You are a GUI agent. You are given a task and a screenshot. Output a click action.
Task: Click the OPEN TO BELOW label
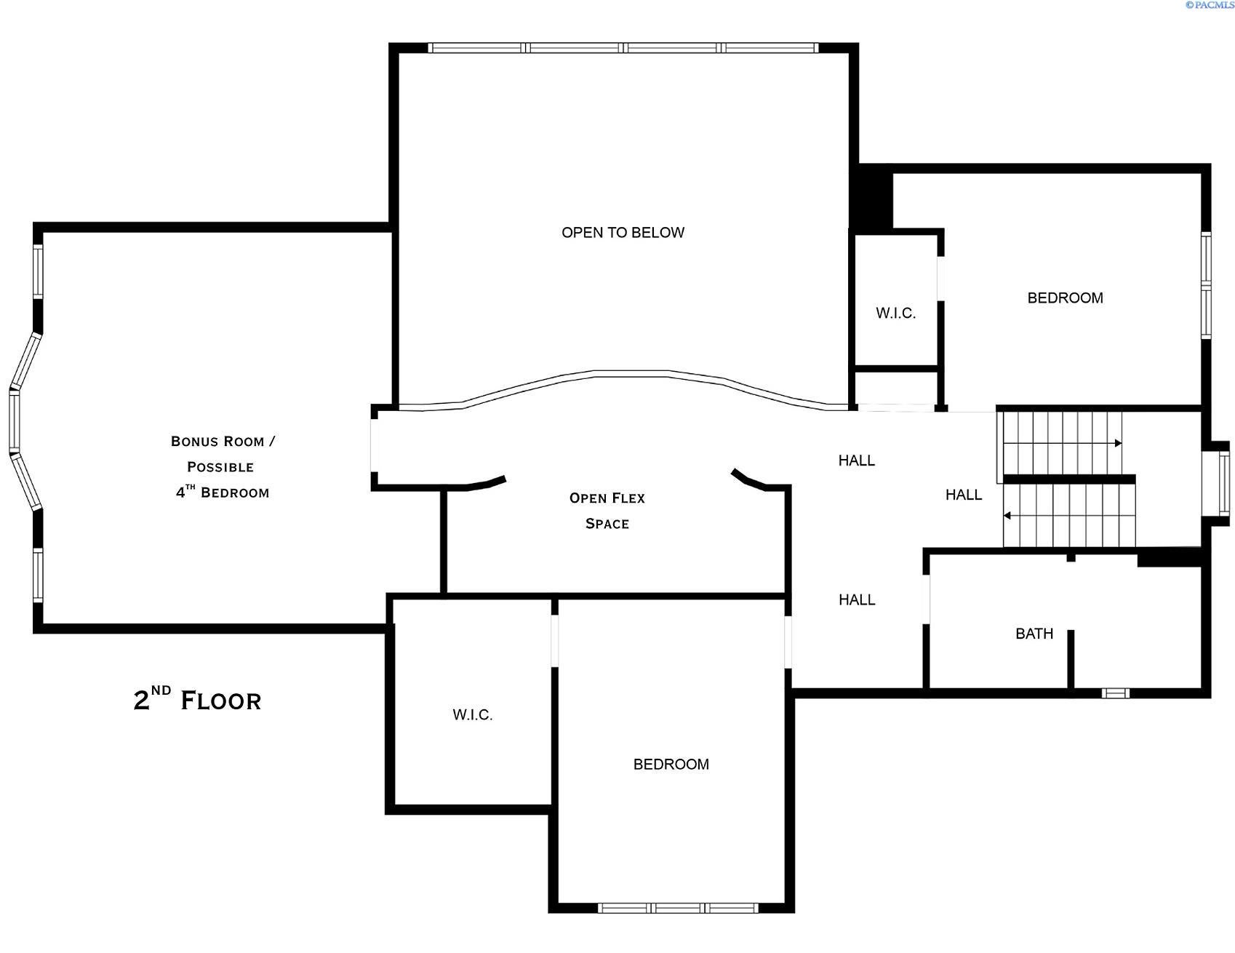click(x=623, y=233)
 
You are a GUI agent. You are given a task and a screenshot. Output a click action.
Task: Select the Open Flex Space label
click(x=607, y=511)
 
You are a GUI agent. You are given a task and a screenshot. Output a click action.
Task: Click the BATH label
click(x=1034, y=634)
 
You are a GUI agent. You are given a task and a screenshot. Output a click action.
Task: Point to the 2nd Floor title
click(x=197, y=700)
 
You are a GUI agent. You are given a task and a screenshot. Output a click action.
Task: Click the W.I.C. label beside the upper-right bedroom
click(x=895, y=314)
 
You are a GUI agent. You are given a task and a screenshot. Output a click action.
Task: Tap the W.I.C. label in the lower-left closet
click(x=473, y=715)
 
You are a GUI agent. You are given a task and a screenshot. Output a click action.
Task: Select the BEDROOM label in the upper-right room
click(x=1065, y=298)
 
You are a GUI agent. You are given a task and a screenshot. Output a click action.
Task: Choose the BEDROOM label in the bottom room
click(x=671, y=764)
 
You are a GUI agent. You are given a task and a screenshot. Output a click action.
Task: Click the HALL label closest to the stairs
click(x=963, y=495)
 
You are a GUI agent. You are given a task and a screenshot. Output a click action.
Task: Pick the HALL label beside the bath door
click(x=857, y=599)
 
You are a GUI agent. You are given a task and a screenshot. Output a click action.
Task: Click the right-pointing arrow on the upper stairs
click(x=1118, y=443)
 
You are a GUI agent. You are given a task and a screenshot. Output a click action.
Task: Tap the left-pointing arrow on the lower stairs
click(x=1007, y=516)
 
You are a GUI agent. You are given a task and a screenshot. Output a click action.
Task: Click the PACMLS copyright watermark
click(x=1209, y=5)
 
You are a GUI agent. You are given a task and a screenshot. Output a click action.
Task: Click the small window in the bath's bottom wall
click(x=1114, y=693)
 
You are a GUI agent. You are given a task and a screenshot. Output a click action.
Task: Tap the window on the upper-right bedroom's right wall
click(x=1205, y=285)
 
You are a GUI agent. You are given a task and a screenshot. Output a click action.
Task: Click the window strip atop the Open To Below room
click(x=623, y=48)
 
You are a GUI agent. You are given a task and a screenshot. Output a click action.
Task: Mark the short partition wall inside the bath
click(x=1070, y=659)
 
